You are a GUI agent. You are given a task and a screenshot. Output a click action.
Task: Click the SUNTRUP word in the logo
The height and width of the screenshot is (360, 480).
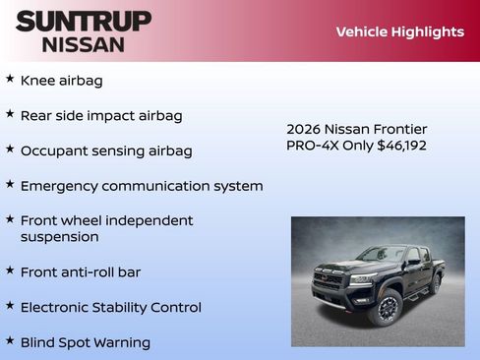(84, 21)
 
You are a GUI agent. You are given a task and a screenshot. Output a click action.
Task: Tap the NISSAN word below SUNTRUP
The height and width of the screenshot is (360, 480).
(84, 44)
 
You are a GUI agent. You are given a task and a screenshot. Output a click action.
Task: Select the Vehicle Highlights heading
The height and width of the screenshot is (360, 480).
(399, 31)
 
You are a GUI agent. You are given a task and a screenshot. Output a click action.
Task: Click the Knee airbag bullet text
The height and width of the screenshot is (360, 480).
(61, 81)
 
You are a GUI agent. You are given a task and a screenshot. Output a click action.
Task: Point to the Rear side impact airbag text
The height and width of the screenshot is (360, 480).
(101, 115)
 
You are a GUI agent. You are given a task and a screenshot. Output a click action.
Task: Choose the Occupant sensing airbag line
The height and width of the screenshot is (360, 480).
(106, 150)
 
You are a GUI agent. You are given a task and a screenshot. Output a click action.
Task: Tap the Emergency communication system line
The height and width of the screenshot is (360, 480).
(142, 186)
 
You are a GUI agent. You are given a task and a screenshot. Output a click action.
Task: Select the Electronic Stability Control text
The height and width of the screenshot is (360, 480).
(110, 307)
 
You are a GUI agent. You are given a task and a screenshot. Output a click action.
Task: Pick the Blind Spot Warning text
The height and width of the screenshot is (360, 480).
(86, 342)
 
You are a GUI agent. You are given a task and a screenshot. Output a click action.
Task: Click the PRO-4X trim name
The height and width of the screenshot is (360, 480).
(311, 146)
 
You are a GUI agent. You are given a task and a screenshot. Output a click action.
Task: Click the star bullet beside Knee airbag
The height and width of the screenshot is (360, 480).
(10, 79)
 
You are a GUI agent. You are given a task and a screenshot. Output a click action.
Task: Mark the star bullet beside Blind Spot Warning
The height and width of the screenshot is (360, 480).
(10, 340)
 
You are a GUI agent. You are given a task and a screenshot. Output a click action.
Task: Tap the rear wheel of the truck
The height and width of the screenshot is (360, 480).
(435, 284)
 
